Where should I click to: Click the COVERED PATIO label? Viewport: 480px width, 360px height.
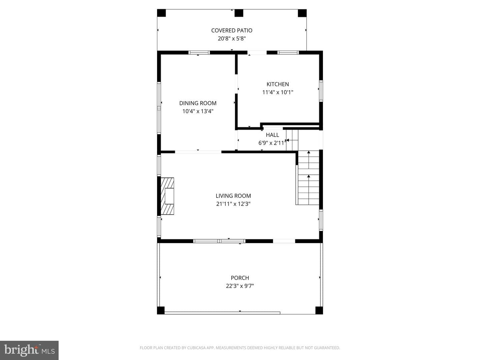[232, 30]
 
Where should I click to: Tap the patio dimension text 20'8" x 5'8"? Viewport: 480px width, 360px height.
[232, 38]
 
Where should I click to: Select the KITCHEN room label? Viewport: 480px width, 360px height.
[278, 84]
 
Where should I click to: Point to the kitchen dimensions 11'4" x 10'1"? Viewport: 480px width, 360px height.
[278, 92]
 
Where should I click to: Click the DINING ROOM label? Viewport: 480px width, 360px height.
[198, 103]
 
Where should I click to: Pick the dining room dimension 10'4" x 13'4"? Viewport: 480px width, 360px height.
[198, 111]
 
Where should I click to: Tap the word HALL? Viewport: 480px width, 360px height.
[272, 135]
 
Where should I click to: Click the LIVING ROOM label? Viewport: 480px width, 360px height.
[233, 196]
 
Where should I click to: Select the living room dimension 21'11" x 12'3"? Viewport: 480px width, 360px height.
[233, 204]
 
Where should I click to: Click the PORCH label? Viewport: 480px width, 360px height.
[240, 278]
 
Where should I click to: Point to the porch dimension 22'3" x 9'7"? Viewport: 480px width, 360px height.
[240, 286]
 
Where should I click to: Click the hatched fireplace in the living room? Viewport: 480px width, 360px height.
[167, 196]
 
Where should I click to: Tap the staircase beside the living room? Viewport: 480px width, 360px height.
[308, 177]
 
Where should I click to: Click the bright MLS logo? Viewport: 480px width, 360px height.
[29, 350]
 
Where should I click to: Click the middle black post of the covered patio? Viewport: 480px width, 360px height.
[239, 13]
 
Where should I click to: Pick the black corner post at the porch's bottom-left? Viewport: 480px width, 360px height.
[161, 310]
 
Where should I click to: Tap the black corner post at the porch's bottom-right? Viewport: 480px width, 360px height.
[319, 310]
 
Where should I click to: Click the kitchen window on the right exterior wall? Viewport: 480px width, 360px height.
[321, 91]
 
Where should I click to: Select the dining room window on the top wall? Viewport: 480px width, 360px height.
[199, 52]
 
